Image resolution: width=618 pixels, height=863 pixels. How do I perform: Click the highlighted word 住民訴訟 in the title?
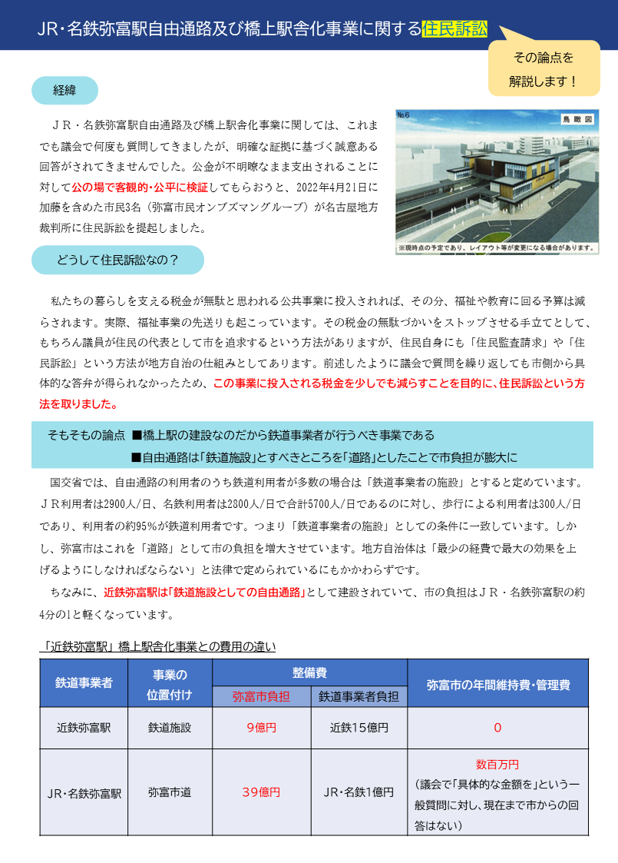coord(454,29)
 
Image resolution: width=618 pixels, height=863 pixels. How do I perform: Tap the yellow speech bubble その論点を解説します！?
coord(544,68)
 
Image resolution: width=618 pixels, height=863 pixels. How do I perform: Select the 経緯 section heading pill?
coord(64,91)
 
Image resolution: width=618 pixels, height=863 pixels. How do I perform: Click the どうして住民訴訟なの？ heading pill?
coord(117,260)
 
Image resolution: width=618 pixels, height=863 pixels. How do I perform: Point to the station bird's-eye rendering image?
coord(497,181)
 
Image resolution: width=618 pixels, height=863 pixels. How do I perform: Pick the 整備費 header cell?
coord(309,672)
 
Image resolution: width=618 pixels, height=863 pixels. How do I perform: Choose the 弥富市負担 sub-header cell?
coord(261,697)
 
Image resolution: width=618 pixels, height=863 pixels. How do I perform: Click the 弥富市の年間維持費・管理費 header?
coord(497,682)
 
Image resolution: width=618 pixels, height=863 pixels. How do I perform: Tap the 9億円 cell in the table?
coord(261,728)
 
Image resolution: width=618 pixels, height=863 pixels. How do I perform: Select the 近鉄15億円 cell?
coord(359,728)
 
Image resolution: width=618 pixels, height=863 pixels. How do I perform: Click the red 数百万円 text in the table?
coord(497,765)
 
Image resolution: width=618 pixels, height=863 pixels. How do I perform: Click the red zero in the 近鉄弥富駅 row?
coord(497,728)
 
